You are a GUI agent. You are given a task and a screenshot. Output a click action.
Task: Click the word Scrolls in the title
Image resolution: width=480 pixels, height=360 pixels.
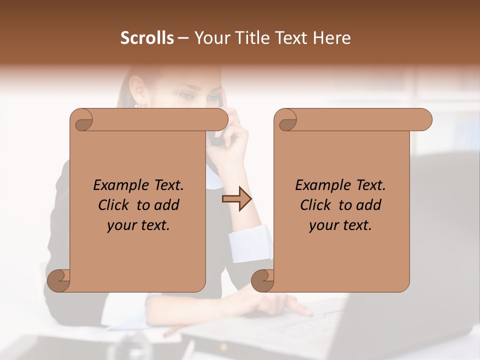(147, 38)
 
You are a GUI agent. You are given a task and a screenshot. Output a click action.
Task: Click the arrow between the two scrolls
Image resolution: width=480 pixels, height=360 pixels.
(236, 199)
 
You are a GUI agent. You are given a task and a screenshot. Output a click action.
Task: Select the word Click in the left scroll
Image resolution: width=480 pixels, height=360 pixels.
(115, 205)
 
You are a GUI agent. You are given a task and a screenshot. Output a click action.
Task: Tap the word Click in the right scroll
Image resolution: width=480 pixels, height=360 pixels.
(317, 205)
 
